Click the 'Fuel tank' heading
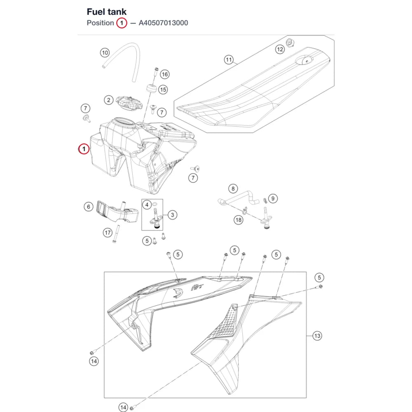click(x=106, y=12)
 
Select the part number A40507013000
click(x=163, y=23)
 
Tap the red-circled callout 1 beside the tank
click(x=84, y=149)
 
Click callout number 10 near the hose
click(x=105, y=53)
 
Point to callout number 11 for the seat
click(x=229, y=60)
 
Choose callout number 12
click(x=280, y=49)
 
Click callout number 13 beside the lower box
click(x=317, y=336)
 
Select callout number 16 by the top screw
click(x=165, y=74)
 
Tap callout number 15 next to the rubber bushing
click(x=163, y=89)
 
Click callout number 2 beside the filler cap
click(x=108, y=100)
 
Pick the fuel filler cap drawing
click(x=129, y=103)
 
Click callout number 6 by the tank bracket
click(x=89, y=207)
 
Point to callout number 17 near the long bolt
click(x=108, y=232)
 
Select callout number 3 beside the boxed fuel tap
click(x=172, y=215)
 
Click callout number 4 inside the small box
click(x=147, y=205)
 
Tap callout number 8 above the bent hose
click(x=233, y=188)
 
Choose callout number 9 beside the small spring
click(x=273, y=199)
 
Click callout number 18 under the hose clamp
click(x=239, y=220)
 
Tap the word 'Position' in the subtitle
click(x=101, y=23)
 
